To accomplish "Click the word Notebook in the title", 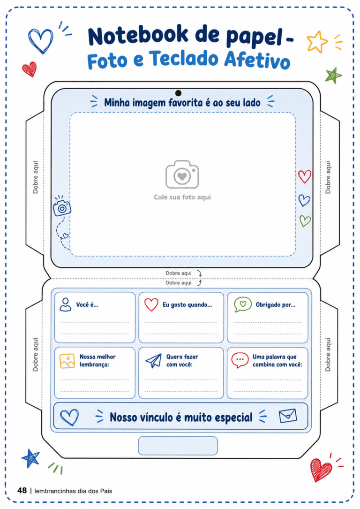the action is click(x=138, y=35).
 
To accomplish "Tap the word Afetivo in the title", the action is click(x=257, y=60).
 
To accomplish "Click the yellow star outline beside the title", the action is click(x=317, y=42).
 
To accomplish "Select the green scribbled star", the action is click(x=333, y=76).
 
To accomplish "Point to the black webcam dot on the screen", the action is click(x=178, y=93).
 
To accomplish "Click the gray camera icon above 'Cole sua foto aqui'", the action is click(x=182, y=175).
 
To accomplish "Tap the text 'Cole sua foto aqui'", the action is click(x=182, y=197).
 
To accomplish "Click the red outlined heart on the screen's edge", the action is click(x=305, y=176).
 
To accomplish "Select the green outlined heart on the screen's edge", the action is click(x=305, y=221).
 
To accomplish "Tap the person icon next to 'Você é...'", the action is click(x=66, y=304).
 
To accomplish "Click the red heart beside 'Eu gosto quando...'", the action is click(x=151, y=304).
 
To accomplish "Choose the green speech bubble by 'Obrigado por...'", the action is click(x=243, y=304).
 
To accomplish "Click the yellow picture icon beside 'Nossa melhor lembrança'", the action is click(x=67, y=361).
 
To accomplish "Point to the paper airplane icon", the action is click(x=154, y=360).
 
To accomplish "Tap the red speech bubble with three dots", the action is click(x=240, y=360).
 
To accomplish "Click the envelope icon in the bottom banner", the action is click(x=288, y=416).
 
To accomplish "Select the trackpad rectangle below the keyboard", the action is click(x=178, y=446).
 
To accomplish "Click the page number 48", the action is click(x=22, y=490).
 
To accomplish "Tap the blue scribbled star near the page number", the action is click(x=30, y=458).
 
